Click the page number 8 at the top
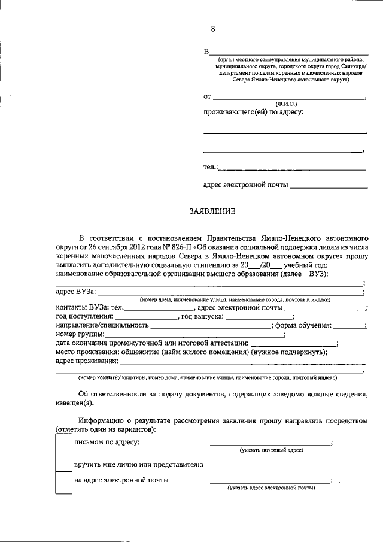coord(212,28)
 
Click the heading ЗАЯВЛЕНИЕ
coord(212,211)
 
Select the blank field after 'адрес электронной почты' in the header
coord(329,187)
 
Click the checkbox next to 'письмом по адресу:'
coord(63,444)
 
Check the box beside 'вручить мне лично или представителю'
coord(63,465)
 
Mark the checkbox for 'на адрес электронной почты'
coord(63,483)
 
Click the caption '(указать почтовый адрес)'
coord(271,450)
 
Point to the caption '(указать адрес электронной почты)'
coord(271,488)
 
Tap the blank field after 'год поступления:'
coord(146,316)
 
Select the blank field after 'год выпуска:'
coord(259,316)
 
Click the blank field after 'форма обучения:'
coord(349,325)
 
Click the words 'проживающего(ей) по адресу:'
coord(253,112)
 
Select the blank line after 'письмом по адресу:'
coord(270,444)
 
